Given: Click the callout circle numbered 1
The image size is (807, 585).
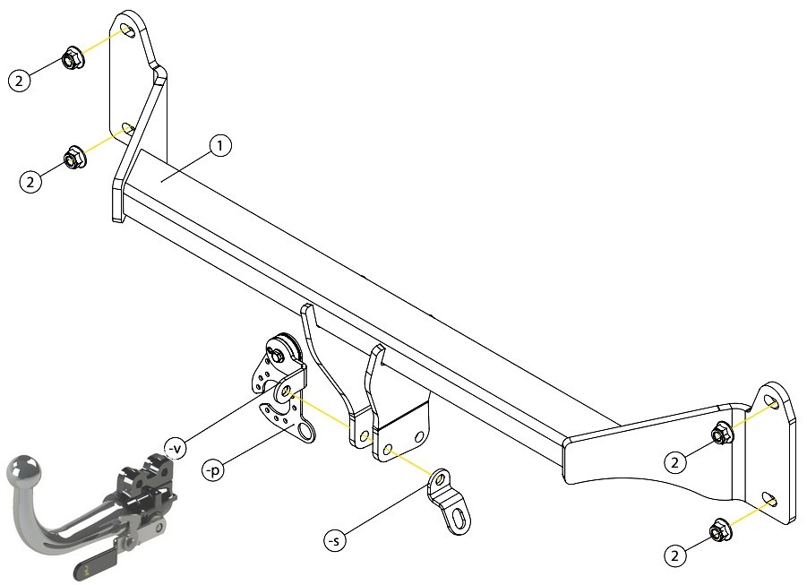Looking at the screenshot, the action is (220, 146).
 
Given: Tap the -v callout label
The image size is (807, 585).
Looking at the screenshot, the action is (175, 448).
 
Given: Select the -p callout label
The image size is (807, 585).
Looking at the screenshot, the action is (213, 469).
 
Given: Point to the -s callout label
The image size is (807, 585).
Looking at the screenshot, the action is (335, 540).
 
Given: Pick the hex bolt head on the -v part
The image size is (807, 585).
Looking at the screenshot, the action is (276, 354).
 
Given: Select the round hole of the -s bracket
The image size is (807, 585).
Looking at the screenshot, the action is (439, 479).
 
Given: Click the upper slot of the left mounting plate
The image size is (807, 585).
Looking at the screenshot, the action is (127, 30).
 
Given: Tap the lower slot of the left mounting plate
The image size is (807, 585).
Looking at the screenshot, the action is (126, 128).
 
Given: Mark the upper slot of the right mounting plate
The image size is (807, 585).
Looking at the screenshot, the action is (770, 401).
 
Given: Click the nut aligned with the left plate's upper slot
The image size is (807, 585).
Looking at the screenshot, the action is (73, 58).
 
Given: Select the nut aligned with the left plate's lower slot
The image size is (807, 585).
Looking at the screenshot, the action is (74, 158).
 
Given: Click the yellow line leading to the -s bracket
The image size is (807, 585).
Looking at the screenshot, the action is (409, 461).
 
